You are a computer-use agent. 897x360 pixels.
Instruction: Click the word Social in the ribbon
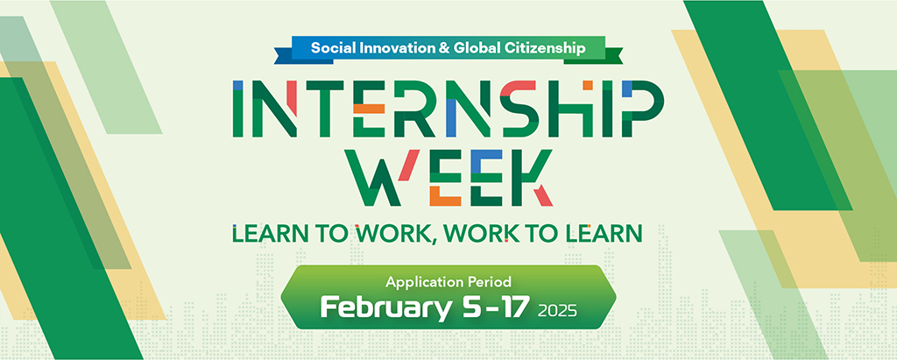(329, 48)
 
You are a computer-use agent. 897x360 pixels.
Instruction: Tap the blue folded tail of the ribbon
(283, 56)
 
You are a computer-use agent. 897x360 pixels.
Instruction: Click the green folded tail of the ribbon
(612, 56)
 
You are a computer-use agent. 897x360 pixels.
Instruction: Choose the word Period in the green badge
(487, 281)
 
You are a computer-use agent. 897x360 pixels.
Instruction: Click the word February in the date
(385, 307)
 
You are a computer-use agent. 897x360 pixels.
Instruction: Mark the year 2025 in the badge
(558, 311)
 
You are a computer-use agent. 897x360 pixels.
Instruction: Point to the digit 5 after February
(468, 307)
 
